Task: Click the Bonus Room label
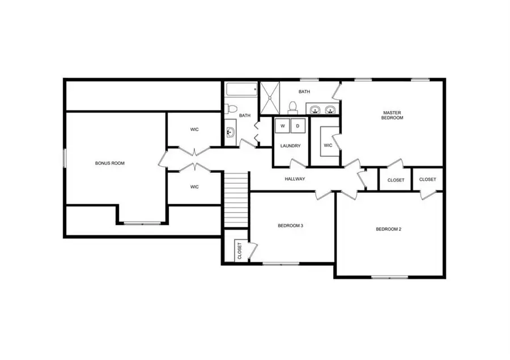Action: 109,163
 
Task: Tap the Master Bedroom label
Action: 392,115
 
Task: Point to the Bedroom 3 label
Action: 290,226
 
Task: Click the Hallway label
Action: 295,179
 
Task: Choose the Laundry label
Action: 290,146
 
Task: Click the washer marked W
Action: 282,125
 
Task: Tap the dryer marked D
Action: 298,125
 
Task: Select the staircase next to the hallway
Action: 236,198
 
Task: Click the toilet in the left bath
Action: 231,108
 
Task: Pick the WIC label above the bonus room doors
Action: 194,129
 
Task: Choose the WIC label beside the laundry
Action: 328,145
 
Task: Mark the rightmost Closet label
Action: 428,180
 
